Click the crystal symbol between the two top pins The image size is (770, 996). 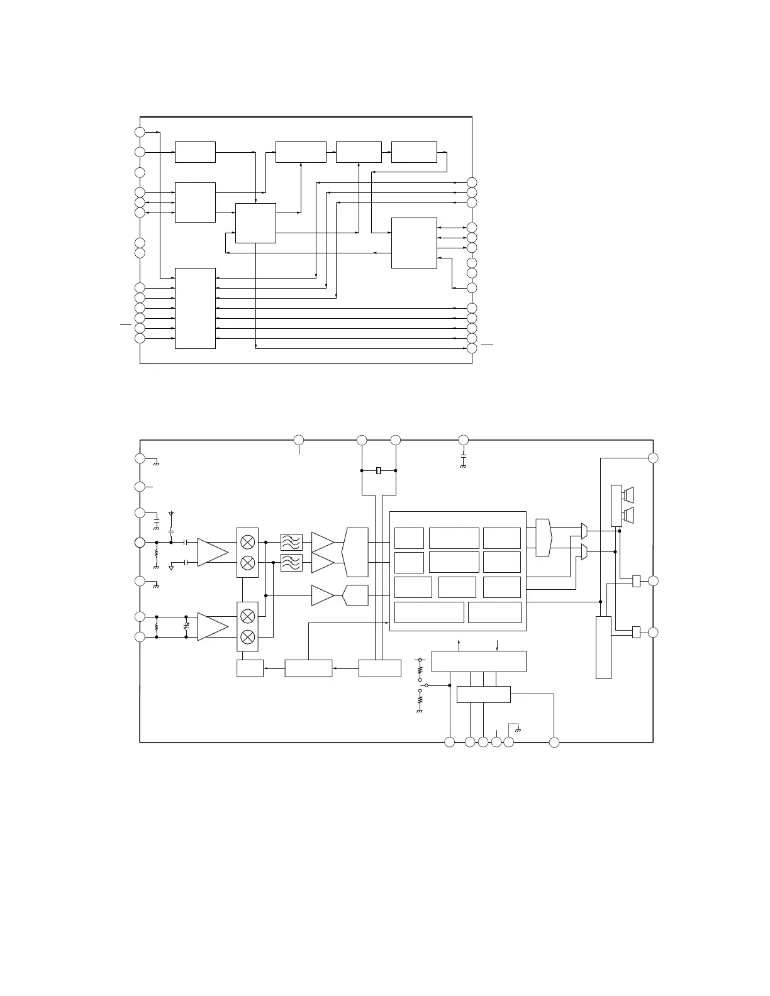379,470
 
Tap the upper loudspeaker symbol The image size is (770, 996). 628,494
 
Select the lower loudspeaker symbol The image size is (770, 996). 628,515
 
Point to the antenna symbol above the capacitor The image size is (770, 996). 170,514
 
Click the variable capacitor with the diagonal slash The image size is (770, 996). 186,627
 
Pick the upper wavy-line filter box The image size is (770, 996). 291,542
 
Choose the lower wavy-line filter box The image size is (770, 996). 291,563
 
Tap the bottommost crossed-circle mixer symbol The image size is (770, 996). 248,637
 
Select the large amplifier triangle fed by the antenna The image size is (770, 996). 211,552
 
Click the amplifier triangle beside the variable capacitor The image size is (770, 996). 211,627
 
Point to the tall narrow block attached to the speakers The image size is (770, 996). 617,506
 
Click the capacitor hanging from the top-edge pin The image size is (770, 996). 463,455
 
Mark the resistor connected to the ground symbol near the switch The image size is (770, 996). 420,699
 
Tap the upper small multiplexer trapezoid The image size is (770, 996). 584,531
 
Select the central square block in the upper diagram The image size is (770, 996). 255,223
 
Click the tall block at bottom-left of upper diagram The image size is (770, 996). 195,308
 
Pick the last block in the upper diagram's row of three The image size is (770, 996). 414,152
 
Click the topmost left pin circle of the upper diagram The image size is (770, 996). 140,132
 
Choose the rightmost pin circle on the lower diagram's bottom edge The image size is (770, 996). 554,743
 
